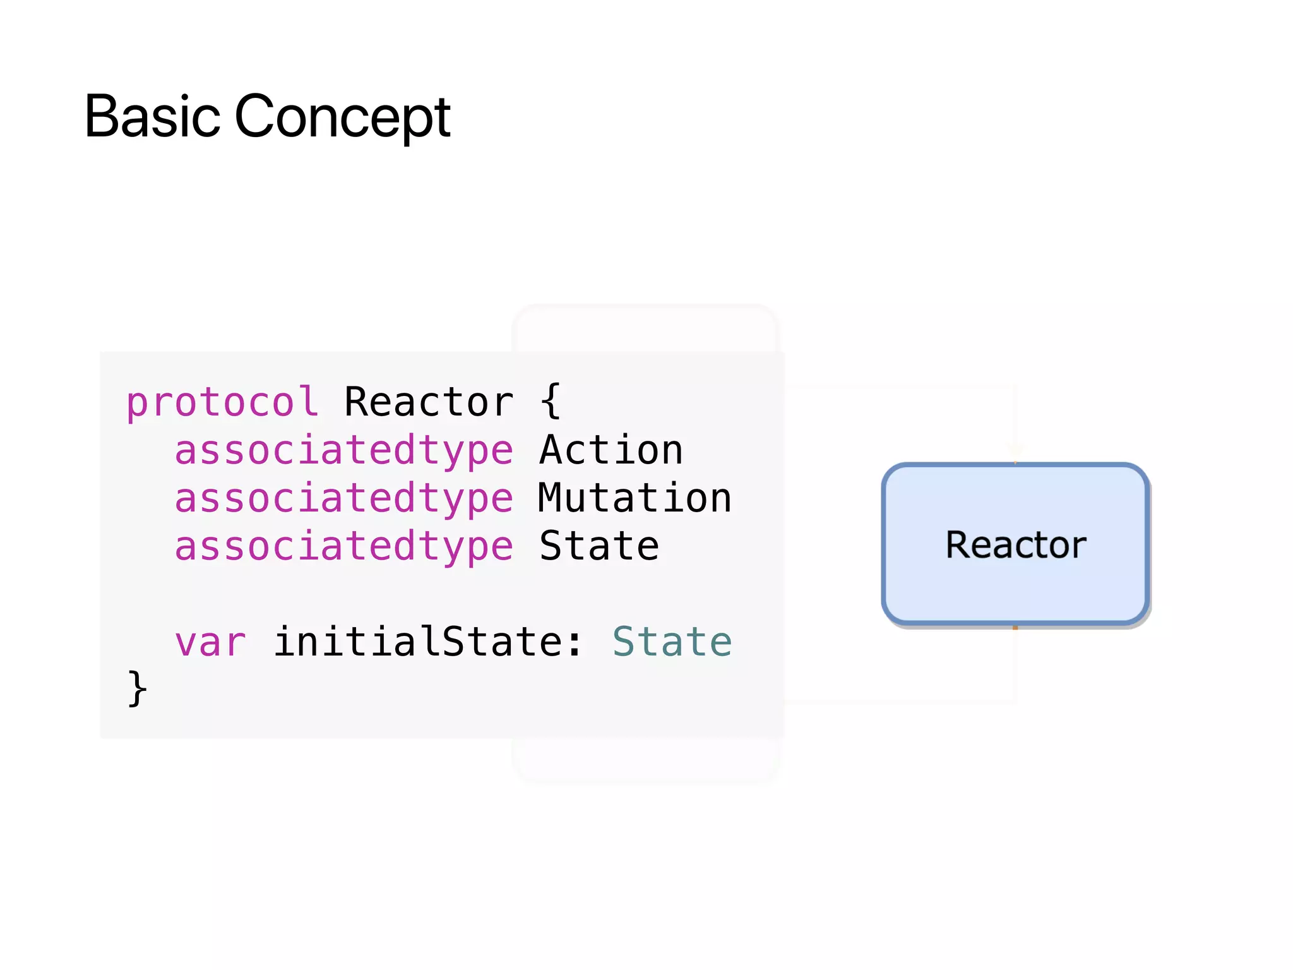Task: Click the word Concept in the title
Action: (x=343, y=117)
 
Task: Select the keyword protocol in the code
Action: (x=222, y=402)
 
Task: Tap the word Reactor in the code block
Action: (x=429, y=402)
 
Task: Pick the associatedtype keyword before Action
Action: (x=344, y=451)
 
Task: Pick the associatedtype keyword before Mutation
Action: (x=344, y=499)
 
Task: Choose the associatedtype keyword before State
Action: (x=344, y=547)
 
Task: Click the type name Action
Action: (x=611, y=451)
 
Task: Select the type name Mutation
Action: (x=635, y=499)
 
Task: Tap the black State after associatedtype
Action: (x=599, y=547)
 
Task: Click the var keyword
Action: (x=210, y=643)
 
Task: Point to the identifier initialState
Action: (x=418, y=643)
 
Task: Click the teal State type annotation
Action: (x=672, y=643)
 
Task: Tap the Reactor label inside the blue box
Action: (x=1016, y=545)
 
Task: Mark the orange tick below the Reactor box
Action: (x=1015, y=627)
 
